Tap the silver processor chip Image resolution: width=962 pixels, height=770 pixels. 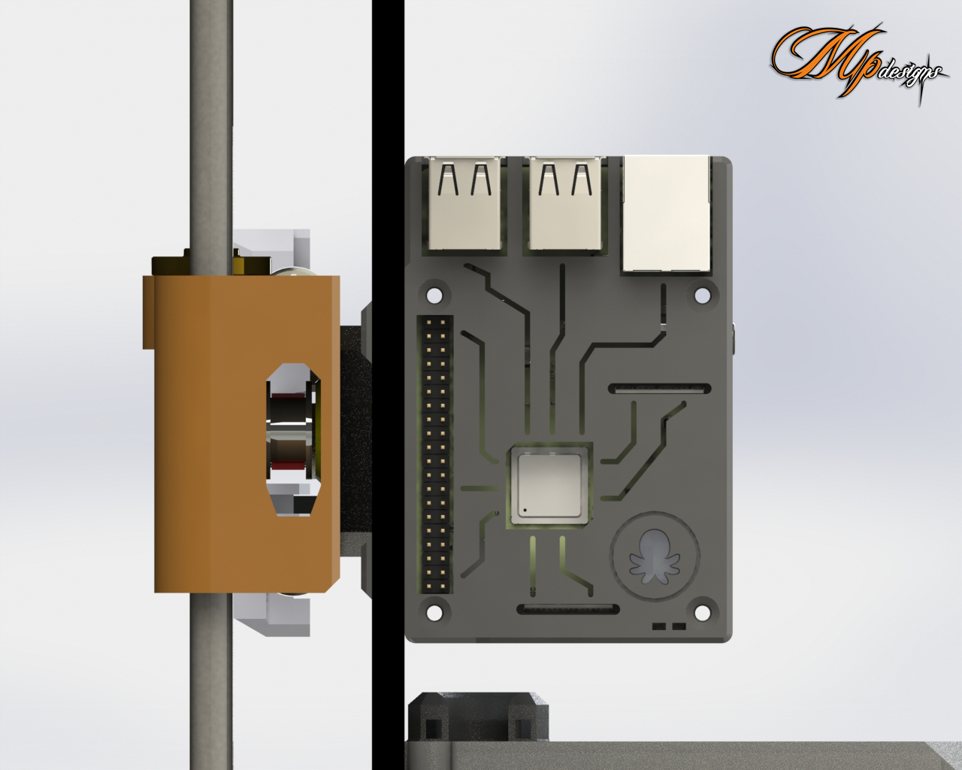(x=549, y=487)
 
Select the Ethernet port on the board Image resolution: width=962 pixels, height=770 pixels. (x=666, y=214)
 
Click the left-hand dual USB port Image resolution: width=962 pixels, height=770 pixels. (x=465, y=203)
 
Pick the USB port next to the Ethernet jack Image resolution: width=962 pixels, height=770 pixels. (x=565, y=203)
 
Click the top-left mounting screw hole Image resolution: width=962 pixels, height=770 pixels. (x=434, y=296)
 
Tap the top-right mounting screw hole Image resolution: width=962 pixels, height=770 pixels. (x=702, y=296)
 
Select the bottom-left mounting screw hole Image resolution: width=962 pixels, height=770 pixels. (x=434, y=613)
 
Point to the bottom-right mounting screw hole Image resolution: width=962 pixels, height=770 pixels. (x=702, y=613)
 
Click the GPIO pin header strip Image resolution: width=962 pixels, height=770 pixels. (x=435, y=454)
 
